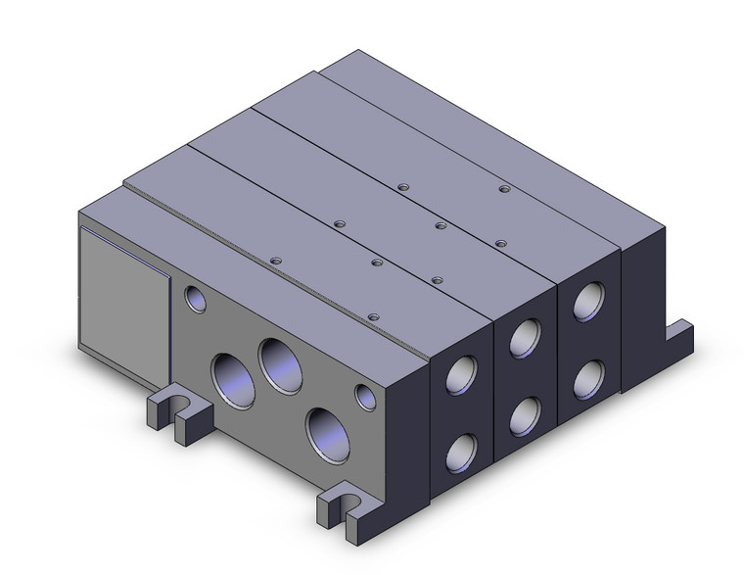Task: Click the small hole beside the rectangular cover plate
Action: tap(194, 298)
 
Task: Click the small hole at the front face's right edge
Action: tap(365, 397)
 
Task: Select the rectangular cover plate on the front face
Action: tap(122, 291)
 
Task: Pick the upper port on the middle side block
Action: tap(526, 339)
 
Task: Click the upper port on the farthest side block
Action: tap(589, 302)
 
